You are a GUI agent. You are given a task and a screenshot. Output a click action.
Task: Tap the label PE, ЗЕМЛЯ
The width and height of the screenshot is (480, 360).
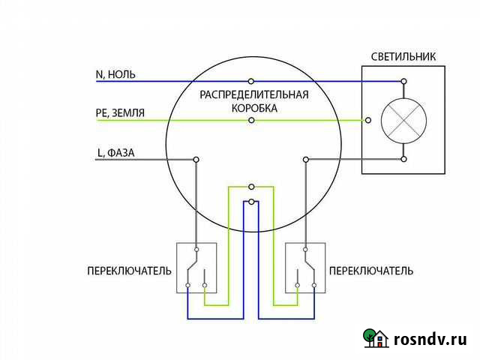pos(121,113)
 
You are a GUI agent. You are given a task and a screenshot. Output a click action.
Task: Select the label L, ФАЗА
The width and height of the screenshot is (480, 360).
pos(116,153)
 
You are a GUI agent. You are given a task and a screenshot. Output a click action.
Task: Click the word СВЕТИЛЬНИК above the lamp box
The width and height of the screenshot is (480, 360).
pos(404,57)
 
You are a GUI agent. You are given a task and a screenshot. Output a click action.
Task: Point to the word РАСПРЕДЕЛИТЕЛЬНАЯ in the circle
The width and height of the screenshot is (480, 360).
pos(254,95)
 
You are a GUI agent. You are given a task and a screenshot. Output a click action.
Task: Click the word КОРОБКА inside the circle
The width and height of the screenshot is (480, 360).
pos(254,109)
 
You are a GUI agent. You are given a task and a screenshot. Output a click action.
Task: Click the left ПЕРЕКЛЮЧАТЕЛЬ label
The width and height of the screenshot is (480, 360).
pos(130,270)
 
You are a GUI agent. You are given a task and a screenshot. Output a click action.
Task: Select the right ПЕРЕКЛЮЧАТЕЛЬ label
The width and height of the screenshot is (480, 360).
pos(371,270)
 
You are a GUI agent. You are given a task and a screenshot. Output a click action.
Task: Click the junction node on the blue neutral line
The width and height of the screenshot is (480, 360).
pos(251,80)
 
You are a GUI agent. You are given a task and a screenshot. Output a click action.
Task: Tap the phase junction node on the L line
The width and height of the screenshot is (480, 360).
pos(196,159)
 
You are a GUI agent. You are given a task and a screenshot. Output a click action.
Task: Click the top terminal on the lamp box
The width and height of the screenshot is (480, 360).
pos(404,80)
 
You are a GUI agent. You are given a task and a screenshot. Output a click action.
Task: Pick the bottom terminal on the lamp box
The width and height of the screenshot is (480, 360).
pos(404,159)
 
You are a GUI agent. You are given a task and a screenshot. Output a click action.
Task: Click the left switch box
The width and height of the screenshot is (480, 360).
pos(196,267)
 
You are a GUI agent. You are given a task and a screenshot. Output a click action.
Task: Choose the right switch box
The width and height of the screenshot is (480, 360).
pos(306,267)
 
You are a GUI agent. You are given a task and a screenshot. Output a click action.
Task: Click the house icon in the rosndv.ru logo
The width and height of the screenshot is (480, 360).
pos(377,338)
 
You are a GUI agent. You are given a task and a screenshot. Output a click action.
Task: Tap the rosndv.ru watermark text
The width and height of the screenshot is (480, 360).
pos(430,339)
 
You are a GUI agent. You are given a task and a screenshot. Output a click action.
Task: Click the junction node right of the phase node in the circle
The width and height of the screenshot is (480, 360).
pos(306,159)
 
